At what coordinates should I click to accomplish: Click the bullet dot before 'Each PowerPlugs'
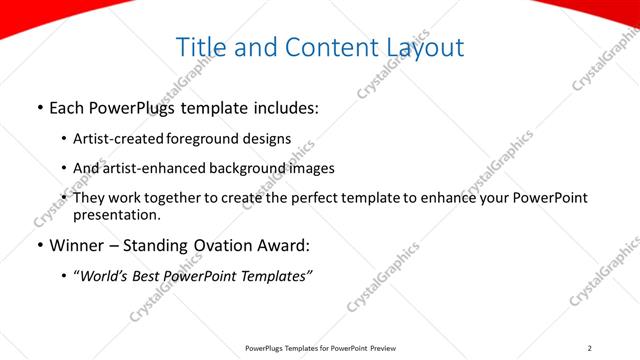coord(38,105)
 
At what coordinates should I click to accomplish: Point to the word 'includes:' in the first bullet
coord(287,105)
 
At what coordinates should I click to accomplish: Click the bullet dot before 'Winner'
coord(38,245)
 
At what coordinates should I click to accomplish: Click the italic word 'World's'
coord(105,275)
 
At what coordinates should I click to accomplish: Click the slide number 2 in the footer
coord(589,348)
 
